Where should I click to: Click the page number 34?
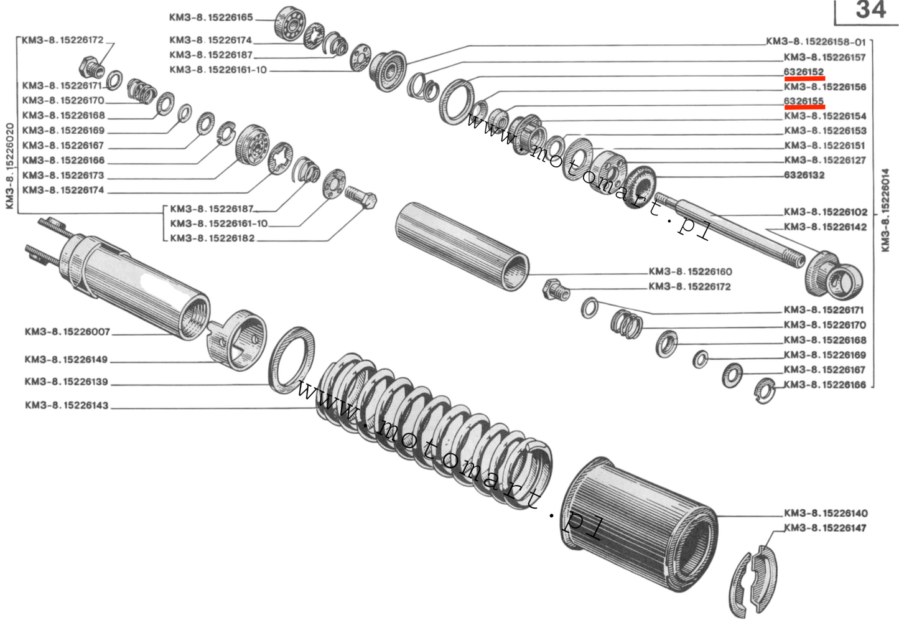[870, 11]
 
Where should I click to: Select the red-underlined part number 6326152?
[804, 72]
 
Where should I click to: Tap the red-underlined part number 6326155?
[804, 101]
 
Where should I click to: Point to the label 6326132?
[804, 175]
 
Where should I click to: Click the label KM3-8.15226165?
[211, 17]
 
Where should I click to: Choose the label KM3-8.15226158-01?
[816, 42]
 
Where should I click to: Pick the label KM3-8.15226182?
[212, 238]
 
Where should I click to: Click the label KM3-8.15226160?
[690, 271]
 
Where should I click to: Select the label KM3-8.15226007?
[67, 332]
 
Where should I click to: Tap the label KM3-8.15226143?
[67, 405]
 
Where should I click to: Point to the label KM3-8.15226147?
[825, 528]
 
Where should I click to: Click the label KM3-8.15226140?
[825, 513]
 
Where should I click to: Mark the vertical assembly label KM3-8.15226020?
[9, 166]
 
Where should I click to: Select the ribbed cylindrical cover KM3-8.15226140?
[641, 523]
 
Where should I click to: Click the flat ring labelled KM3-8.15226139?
[291, 360]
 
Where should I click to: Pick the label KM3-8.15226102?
[825, 212]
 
